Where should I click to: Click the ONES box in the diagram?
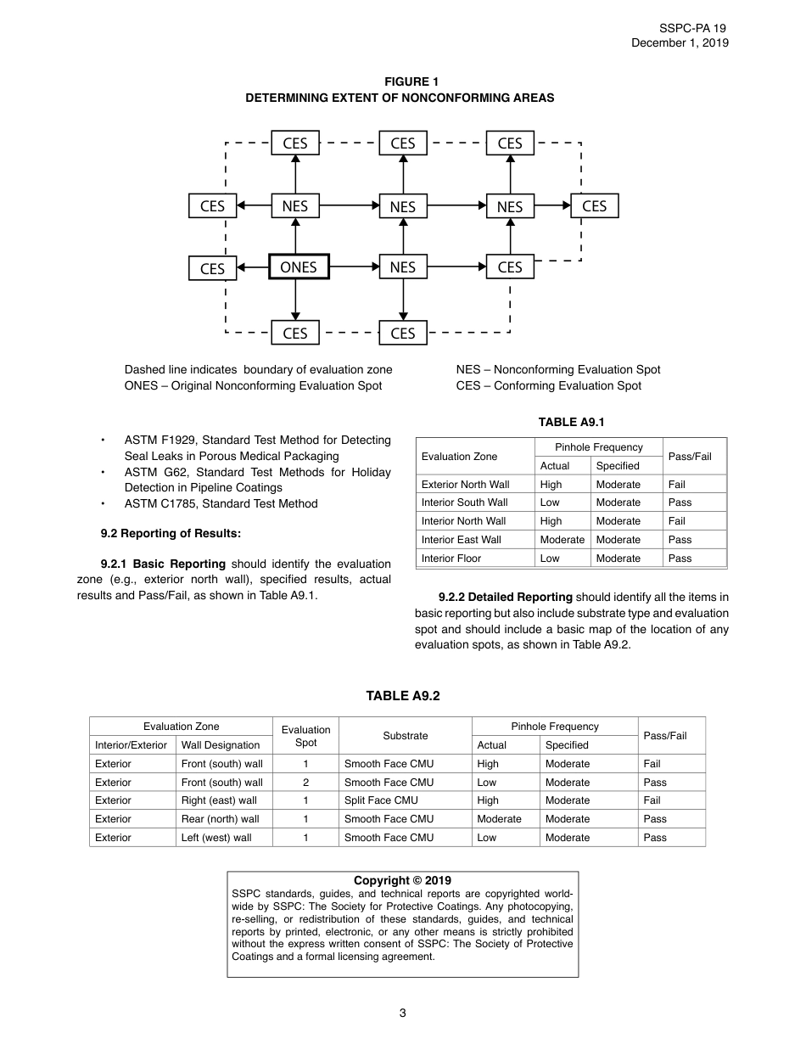pyautogui.click(x=298, y=267)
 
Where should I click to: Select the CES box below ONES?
pyautogui.click(x=295, y=333)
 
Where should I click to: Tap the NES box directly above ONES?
pyautogui.click(x=295, y=206)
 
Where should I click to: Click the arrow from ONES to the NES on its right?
pyautogui.click(x=353, y=267)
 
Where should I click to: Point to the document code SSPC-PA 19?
pyautogui.click(x=692, y=28)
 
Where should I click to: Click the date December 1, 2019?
pyautogui.click(x=680, y=43)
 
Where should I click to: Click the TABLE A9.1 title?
pyautogui.click(x=571, y=422)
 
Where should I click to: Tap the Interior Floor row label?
pyautogui.click(x=451, y=558)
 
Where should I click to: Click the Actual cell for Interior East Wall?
pyautogui.click(x=562, y=540)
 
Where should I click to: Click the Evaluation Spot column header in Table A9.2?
pyautogui.click(x=305, y=736)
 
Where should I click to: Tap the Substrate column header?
pyautogui.click(x=406, y=736)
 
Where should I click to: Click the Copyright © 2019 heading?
pyautogui.click(x=402, y=880)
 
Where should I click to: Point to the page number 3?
pyautogui.click(x=403, y=1013)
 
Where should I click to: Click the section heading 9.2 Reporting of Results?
pyautogui.click(x=171, y=533)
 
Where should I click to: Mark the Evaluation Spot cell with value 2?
pyautogui.click(x=305, y=783)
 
